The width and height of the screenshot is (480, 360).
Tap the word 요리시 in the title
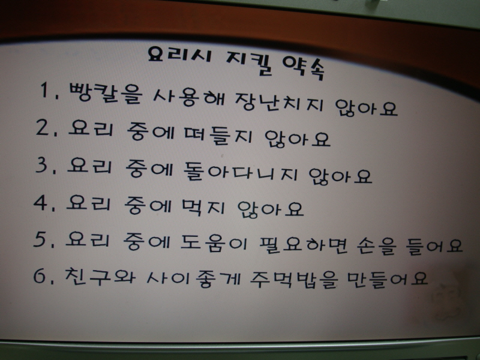(x=179, y=54)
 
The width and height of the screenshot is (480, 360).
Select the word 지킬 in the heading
(x=248, y=63)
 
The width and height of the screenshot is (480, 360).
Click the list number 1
(x=49, y=91)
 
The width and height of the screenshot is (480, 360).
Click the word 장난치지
(x=280, y=101)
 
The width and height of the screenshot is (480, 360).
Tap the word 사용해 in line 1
(x=189, y=97)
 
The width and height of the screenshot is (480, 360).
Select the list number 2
(x=46, y=127)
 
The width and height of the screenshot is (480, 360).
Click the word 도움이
(x=214, y=244)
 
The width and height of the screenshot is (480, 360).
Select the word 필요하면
(x=303, y=245)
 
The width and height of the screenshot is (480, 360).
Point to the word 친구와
(x=100, y=276)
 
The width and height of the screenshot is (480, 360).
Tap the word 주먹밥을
(x=294, y=280)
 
